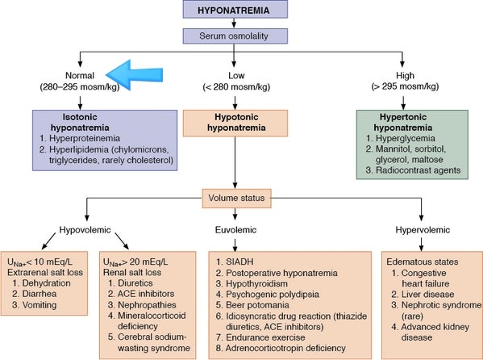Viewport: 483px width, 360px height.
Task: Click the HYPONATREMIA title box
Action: click(x=235, y=9)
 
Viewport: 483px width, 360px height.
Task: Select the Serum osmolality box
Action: click(x=235, y=36)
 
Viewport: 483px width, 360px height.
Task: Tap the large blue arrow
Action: click(x=135, y=75)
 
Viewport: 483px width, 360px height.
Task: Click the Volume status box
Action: click(x=236, y=198)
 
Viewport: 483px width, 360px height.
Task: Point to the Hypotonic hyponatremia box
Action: click(x=235, y=123)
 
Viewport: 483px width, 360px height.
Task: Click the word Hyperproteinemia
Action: click(x=85, y=139)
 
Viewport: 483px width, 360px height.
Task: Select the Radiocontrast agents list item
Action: click(x=418, y=170)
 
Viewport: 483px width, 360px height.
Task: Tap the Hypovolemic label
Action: click(x=85, y=230)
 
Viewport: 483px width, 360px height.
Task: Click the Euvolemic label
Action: click(x=235, y=230)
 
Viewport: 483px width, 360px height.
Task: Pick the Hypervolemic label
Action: click(x=423, y=230)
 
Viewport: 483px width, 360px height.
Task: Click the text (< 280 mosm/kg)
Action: click(x=236, y=87)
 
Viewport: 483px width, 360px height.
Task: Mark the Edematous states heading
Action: click(x=423, y=262)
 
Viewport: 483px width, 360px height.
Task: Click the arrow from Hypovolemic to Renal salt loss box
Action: click(x=122, y=241)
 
